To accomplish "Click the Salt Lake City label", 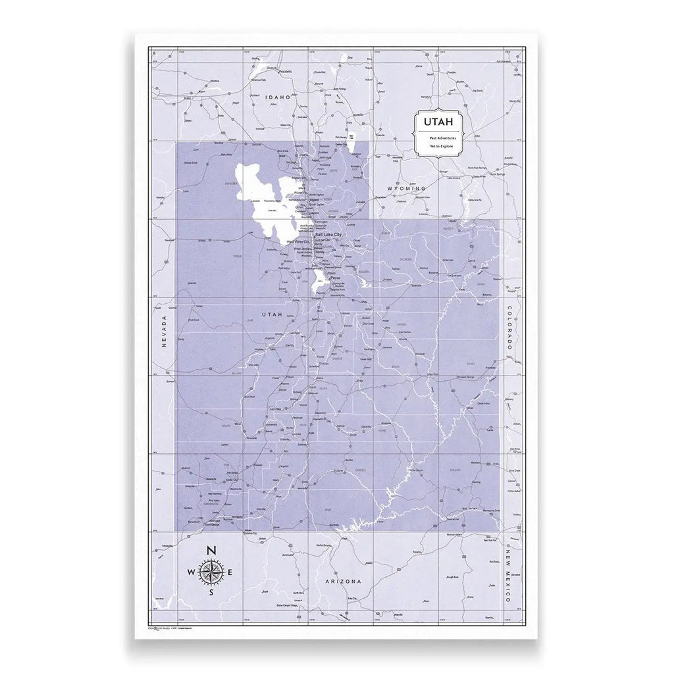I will (328, 235).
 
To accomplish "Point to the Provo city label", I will (336, 278).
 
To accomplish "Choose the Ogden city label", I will (319, 201).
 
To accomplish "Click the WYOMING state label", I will (407, 189).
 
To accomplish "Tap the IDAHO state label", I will (277, 97).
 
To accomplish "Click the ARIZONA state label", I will (344, 583).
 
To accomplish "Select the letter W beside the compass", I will (191, 572).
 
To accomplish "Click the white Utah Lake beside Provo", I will (317, 285).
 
